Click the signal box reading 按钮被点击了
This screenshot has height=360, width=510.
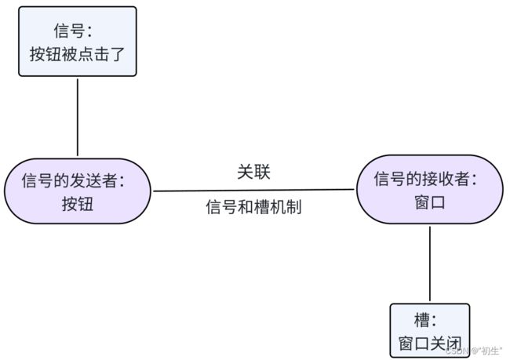point(78,42)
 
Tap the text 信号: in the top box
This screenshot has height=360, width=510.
point(73,31)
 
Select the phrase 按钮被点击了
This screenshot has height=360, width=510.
point(78,54)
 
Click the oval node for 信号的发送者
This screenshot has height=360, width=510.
point(78,191)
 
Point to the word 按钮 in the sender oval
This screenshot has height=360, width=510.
point(78,204)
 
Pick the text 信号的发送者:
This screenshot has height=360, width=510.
point(73,180)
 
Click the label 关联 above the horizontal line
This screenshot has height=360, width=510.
point(253,172)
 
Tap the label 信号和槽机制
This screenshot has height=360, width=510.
point(253,207)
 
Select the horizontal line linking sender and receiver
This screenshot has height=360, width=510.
point(253,191)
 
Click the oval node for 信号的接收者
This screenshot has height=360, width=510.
point(430,189)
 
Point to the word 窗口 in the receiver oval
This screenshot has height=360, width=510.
point(430,202)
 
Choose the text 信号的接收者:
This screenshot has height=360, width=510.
point(425,179)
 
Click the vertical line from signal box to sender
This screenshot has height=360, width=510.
point(78,118)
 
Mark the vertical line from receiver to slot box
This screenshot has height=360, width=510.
point(430,264)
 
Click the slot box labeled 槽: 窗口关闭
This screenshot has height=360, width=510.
point(430,330)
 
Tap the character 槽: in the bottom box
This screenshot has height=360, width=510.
point(424,320)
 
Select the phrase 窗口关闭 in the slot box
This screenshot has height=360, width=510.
point(430,344)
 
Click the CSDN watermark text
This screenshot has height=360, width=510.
point(474,351)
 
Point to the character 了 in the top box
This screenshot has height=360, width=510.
point(118,54)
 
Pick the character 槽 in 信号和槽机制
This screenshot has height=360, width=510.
point(262,207)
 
